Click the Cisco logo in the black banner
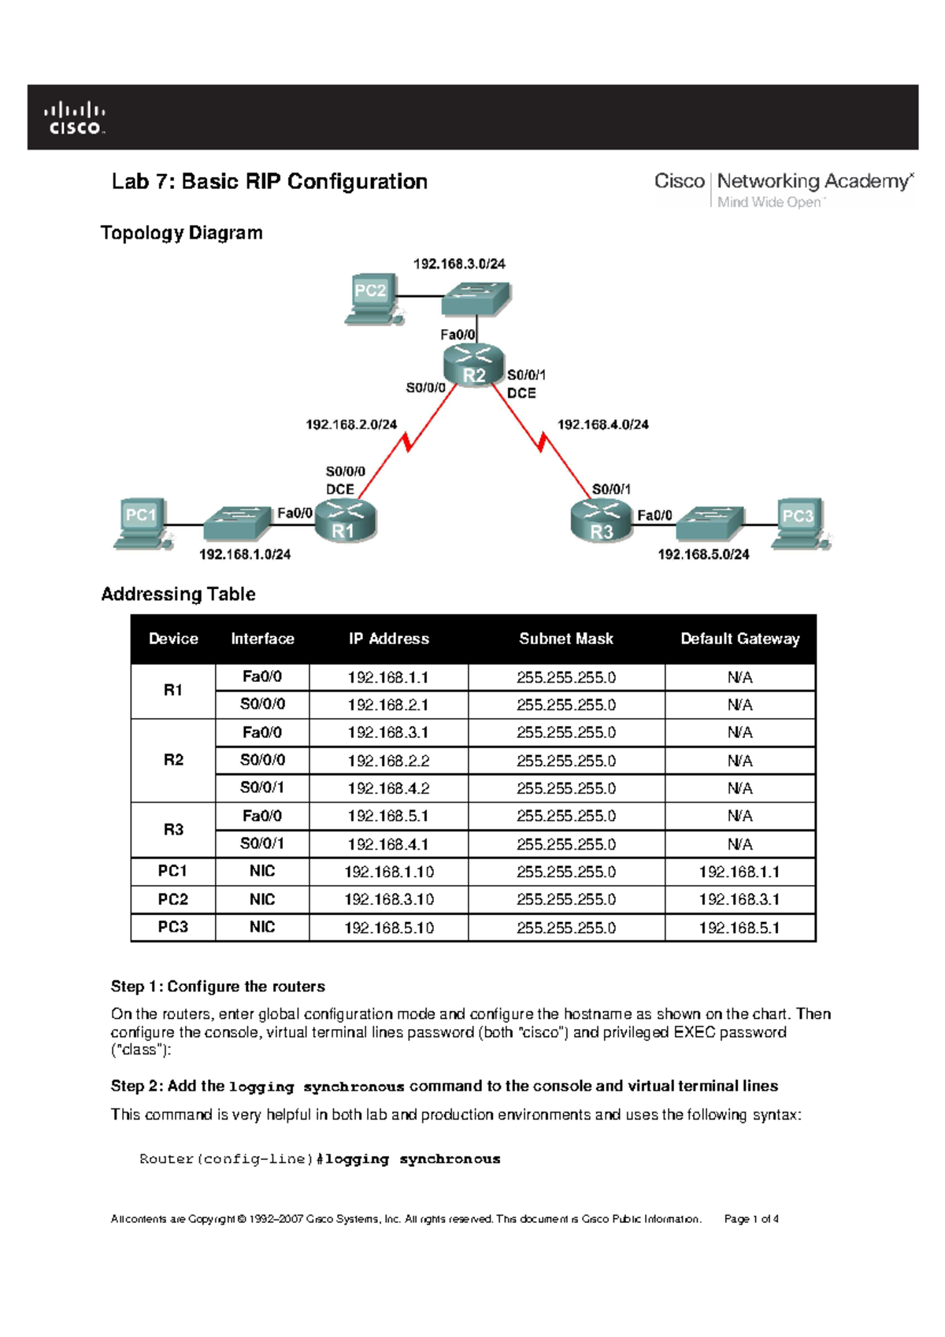[75, 117]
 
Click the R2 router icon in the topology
[473, 366]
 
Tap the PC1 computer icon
[143, 522]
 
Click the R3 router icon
[601, 522]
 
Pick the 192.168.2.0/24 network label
[351, 424]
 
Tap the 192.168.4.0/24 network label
[603, 424]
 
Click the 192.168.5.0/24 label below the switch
[703, 554]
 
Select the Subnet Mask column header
[565, 639]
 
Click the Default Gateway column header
[739, 639]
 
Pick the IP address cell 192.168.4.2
[388, 788]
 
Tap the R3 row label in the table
[173, 829]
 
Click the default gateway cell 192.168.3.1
[739, 899]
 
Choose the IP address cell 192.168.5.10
[388, 928]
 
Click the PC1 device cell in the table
[172, 871]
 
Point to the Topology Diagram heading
[182, 233]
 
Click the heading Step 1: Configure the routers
[218, 987]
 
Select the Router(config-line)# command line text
[320, 1159]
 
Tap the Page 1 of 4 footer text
[751, 1219]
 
